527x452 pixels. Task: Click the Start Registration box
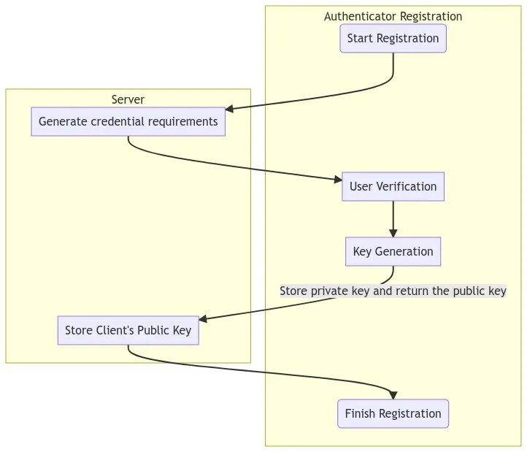pos(393,39)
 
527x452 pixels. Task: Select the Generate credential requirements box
pos(128,121)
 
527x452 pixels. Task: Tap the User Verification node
pos(393,186)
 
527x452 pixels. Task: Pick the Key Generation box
pos(393,251)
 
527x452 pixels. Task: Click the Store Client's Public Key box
pos(128,330)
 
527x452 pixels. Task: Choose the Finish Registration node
pos(393,413)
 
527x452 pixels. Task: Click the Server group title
pos(128,99)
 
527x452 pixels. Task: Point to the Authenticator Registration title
pos(393,16)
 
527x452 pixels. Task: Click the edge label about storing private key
pos(393,291)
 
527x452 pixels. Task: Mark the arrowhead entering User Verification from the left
pos(337,179)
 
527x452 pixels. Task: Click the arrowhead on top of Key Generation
pos(393,233)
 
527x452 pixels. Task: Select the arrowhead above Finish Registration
pos(393,395)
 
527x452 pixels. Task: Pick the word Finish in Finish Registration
pos(360,413)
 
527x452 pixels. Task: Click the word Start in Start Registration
pos(360,39)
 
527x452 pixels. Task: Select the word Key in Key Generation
pos(362,251)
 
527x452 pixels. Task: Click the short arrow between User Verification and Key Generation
pos(393,218)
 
